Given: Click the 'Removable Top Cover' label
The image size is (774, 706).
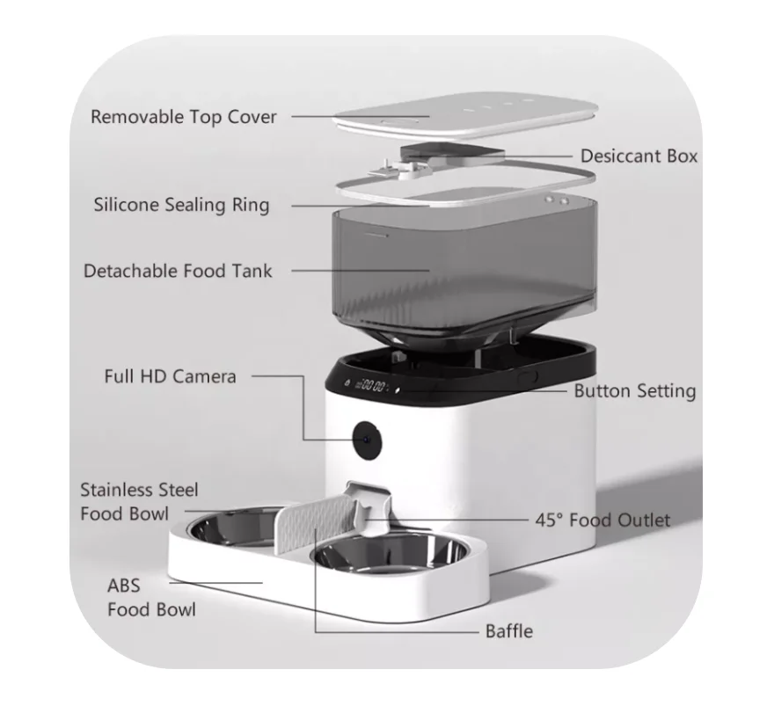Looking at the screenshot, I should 183,117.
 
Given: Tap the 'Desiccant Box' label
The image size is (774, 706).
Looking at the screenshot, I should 639,156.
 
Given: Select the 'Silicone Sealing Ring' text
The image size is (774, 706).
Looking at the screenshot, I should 181,206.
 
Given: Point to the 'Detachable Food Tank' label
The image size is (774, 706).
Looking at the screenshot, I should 178,271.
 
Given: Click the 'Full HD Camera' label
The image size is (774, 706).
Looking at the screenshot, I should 170,376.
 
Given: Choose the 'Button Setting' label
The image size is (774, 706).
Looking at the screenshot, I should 634,391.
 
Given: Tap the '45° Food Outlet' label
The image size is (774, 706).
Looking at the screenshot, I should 602,520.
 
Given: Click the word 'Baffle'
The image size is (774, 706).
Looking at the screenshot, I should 508,631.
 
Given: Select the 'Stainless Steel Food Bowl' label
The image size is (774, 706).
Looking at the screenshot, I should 139,501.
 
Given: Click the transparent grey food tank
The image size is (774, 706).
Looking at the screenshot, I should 457,264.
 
